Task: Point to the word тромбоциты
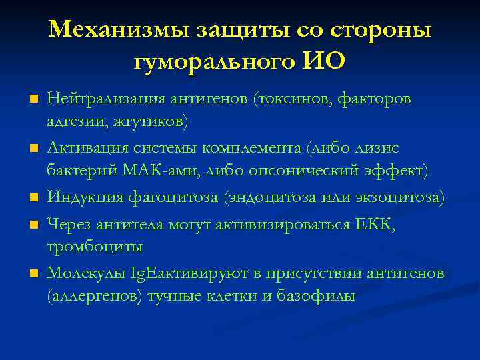(94, 247)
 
